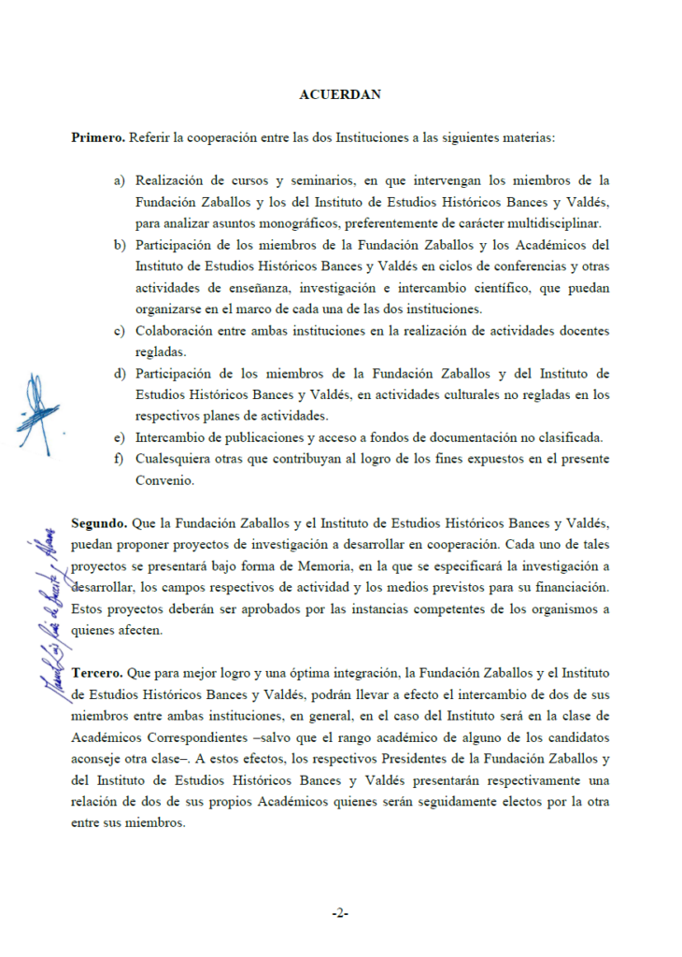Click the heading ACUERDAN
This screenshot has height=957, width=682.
pyautogui.click(x=341, y=94)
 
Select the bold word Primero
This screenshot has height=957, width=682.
pyautogui.click(x=98, y=137)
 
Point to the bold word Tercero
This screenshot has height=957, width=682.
pyautogui.click(x=98, y=674)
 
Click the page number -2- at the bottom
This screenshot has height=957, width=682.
pyautogui.click(x=340, y=912)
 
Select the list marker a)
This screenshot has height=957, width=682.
pyautogui.click(x=120, y=180)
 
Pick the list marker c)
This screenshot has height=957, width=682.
pyautogui.click(x=120, y=331)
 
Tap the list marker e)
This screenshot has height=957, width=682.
pyautogui.click(x=120, y=438)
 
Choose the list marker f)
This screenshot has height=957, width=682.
pyautogui.click(x=119, y=460)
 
